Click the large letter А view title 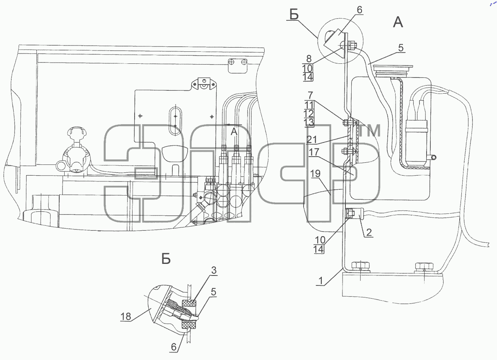[x=398, y=23]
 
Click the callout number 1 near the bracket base [x=321, y=281]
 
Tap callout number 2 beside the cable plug [x=369, y=232]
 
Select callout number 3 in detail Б [x=213, y=271]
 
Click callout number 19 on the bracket [x=315, y=174]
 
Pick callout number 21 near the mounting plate [x=311, y=140]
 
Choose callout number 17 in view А [x=314, y=152]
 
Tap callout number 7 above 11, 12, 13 [x=310, y=95]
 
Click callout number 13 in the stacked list [x=309, y=122]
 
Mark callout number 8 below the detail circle [x=309, y=59]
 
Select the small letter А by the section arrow [x=234, y=132]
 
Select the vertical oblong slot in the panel [x=176, y=121]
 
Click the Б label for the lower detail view [x=166, y=259]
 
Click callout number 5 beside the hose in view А [x=401, y=48]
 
